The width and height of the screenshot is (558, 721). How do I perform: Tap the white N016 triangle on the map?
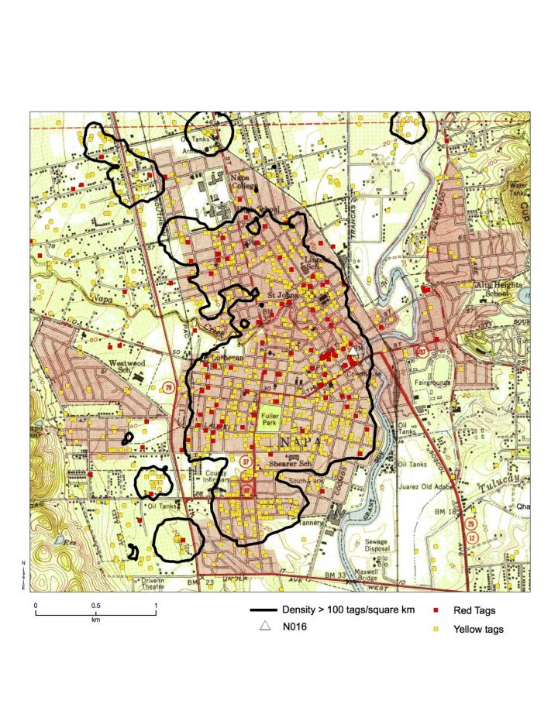353,352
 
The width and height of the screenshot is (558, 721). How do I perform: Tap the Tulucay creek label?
510,479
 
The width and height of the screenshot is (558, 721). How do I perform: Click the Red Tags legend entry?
474,612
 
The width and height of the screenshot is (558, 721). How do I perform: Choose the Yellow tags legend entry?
477,629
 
